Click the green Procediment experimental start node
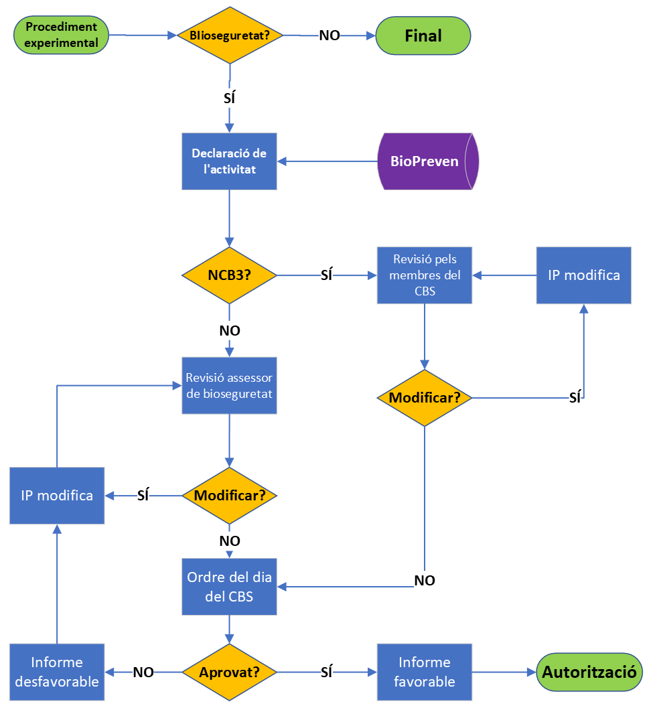click(61, 36)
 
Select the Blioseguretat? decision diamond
click(230, 36)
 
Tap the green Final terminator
click(423, 36)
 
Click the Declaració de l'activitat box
click(229, 161)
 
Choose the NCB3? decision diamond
click(229, 275)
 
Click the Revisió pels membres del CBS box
click(424, 275)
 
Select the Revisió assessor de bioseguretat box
click(229, 385)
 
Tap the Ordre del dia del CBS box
click(229, 587)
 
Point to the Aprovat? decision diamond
click(229, 672)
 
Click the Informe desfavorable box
click(57, 672)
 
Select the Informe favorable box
click(424, 672)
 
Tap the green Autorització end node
click(589, 672)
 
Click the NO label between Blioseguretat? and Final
click(329, 36)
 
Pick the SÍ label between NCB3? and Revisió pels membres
click(327, 275)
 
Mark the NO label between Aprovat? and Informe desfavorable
click(143, 672)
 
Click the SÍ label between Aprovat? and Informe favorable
click(327, 672)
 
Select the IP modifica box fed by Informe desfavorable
click(57, 496)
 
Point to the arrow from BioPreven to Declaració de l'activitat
click(328, 161)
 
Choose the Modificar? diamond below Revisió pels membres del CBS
click(424, 398)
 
